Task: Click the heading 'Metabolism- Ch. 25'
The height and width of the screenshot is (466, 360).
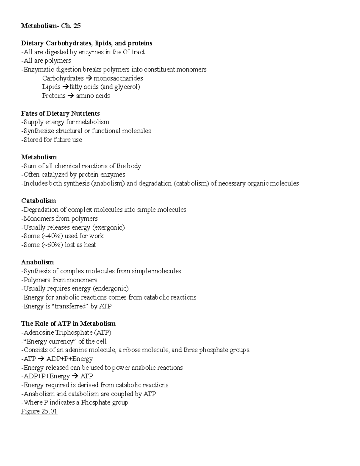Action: coord(51,26)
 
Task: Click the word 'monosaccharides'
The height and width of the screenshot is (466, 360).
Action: coord(118,78)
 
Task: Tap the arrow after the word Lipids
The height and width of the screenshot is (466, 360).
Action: coord(65,87)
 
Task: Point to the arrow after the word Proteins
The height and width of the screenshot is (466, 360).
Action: coord(70,96)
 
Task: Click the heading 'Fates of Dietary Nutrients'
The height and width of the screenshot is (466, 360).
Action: coord(60,113)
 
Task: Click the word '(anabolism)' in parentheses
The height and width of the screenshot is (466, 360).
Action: coord(108,183)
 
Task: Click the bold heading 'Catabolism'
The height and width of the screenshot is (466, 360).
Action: coord(38,201)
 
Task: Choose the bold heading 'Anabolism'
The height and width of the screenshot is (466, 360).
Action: coord(37,262)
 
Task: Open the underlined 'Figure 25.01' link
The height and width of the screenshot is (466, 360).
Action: coord(39,411)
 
